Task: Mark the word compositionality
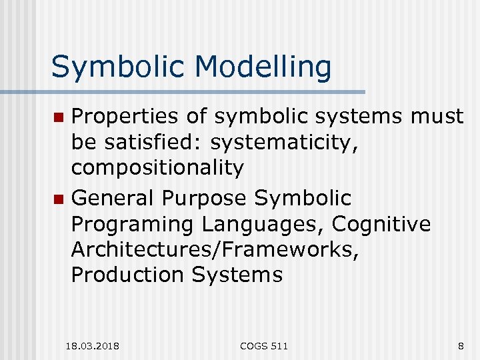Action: pos(157,168)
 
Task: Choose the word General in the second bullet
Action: pos(114,198)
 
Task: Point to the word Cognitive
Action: pos(381,224)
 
